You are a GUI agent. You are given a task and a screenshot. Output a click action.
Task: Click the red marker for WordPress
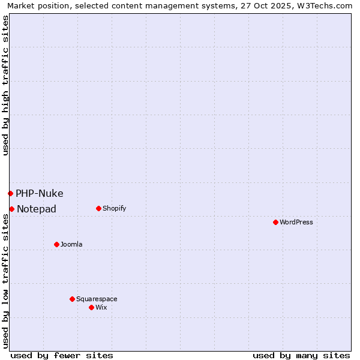275,222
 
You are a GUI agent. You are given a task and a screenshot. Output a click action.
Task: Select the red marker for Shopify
98,208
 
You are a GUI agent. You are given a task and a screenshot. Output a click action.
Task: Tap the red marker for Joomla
56,244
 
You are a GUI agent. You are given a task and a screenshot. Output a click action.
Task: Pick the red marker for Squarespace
72,299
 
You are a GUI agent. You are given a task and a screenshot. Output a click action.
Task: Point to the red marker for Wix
91,307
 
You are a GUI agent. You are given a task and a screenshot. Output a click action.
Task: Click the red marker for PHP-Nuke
10,193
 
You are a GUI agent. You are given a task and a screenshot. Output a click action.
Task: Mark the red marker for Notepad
11,209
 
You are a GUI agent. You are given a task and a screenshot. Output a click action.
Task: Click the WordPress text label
296,222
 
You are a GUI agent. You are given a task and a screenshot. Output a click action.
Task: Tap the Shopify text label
115,208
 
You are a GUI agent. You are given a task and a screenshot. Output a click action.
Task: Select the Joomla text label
71,244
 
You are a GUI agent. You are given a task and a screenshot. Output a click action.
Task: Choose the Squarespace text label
97,299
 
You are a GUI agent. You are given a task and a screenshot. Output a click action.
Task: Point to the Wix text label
101,307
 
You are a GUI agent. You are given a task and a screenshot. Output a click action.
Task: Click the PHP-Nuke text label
40,193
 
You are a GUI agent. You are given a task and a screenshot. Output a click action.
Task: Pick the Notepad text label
37,209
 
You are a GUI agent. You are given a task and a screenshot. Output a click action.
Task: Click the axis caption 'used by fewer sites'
62,355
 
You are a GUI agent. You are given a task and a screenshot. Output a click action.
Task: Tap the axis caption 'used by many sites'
301,355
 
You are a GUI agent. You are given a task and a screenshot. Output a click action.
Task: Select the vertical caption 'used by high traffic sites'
5,86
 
